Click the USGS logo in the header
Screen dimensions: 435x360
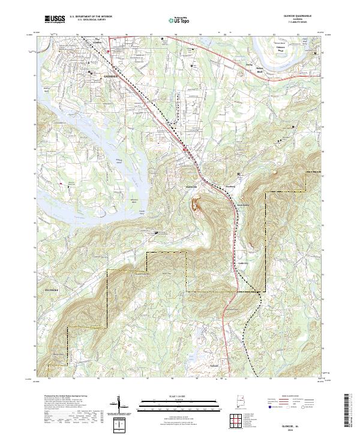click(x=55, y=20)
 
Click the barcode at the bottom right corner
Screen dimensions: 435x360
click(x=351, y=413)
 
